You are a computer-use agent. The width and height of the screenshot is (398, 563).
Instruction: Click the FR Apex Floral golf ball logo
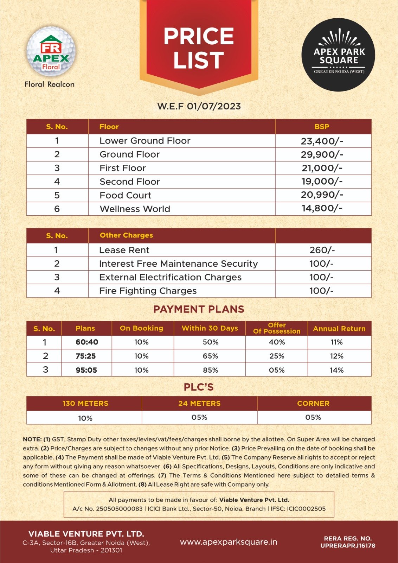click(x=51, y=53)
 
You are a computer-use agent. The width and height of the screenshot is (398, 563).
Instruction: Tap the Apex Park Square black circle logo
click(x=339, y=55)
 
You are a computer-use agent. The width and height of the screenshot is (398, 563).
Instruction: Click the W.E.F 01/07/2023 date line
click(x=199, y=106)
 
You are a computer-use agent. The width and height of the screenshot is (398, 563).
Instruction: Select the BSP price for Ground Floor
click(x=322, y=154)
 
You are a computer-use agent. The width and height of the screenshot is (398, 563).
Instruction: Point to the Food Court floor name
click(x=125, y=195)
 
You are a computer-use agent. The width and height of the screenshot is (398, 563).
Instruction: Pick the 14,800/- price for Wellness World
click(x=322, y=208)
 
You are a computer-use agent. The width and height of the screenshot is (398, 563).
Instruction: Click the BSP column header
click(x=322, y=127)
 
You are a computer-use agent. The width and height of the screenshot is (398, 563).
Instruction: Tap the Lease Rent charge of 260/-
click(x=322, y=250)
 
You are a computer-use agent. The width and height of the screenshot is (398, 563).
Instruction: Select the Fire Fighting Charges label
click(x=148, y=291)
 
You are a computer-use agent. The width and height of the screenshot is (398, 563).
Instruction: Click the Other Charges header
click(x=126, y=235)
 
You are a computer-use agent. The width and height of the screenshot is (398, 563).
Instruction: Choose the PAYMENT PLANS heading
click(x=199, y=309)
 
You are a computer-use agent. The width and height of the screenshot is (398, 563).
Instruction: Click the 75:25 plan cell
click(x=86, y=356)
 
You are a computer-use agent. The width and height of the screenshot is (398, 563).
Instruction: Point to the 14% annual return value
click(x=336, y=370)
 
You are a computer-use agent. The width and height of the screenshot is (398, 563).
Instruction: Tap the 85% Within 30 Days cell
click(x=210, y=370)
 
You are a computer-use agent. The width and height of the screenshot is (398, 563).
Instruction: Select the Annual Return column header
click(x=339, y=329)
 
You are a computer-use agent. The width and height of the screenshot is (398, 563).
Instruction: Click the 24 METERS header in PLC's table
click(x=199, y=404)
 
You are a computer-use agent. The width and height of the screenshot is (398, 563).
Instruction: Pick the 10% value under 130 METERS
click(x=85, y=418)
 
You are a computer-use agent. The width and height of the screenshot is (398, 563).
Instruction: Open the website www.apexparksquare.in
click(x=229, y=542)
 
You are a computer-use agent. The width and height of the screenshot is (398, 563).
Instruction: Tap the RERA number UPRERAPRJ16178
click(x=348, y=546)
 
